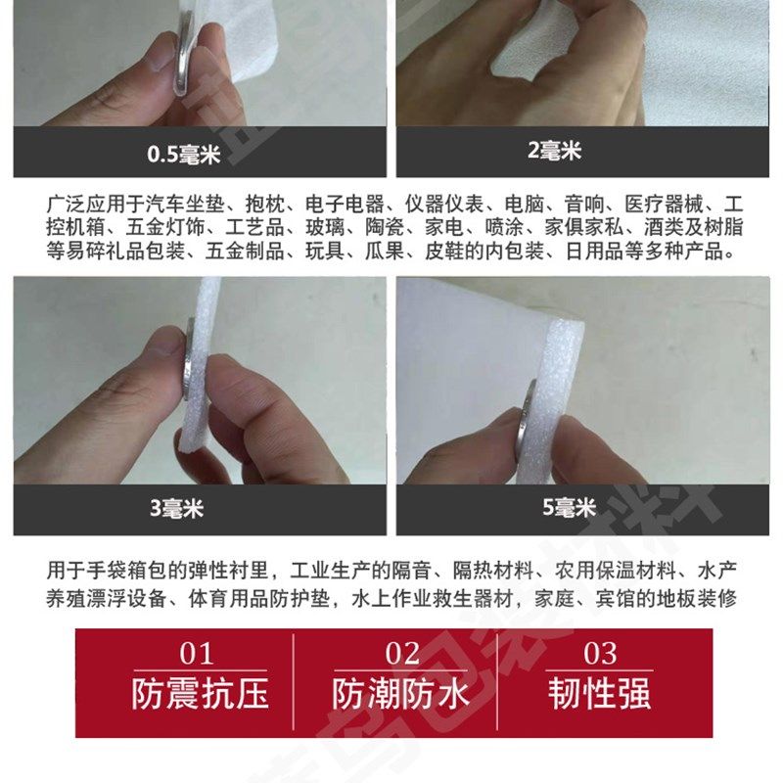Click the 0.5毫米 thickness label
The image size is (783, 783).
(x=184, y=154)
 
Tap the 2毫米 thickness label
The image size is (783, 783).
(x=554, y=151)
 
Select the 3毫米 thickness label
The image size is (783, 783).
(x=176, y=509)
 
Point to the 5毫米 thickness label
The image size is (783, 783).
(x=569, y=508)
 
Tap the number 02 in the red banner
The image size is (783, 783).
(x=401, y=654)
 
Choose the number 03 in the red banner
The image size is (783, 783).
(x=600, y=654)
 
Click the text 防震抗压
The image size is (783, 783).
(x=200, y=694)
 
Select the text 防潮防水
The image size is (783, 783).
(x=401, y=694)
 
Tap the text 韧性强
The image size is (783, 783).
(x=600, y=694)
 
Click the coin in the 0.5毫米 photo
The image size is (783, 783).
(x=185, y=64)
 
